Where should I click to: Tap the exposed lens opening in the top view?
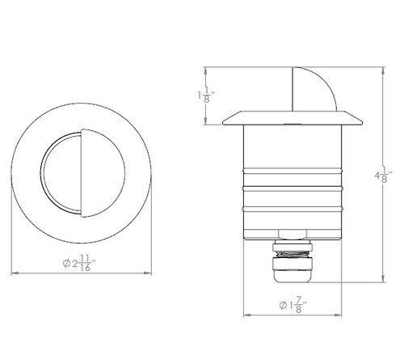(61, 172)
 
